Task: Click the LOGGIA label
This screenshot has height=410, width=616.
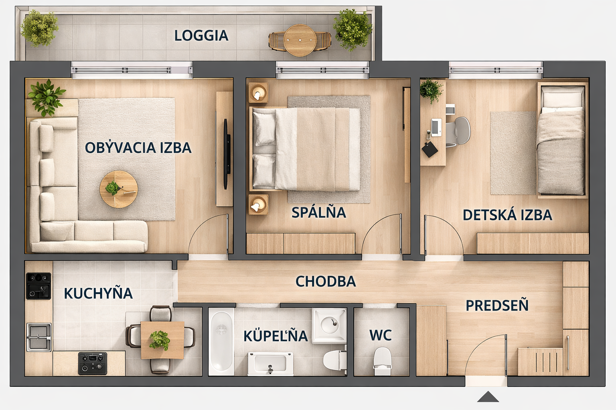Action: coord(201,36)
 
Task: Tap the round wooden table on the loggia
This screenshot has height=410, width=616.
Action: coord(300,40)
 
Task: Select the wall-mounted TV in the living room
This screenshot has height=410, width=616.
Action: coord(227,154)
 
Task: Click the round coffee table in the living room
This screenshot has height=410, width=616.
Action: coord(119,189)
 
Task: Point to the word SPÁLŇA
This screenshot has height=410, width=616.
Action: coord(319,213)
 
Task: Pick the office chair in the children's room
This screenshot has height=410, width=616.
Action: coord(458,131)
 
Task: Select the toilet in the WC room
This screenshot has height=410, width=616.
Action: coord(382,361)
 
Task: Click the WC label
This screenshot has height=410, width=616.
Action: coord(381,335)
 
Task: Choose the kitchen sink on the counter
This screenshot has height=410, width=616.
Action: coord(39,337)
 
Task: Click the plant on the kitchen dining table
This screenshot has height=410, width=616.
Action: coord(160,340)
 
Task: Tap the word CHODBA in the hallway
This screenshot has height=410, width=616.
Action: coord(326,281)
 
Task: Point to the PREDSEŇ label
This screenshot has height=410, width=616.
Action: coord(497,305)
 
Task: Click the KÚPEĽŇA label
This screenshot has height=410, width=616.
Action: coord(276,335)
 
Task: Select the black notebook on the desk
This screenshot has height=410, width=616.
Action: coord(430,149)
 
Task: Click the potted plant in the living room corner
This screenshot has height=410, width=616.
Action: coord(46,98)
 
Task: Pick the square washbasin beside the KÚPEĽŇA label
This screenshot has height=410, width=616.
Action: coord(329,326)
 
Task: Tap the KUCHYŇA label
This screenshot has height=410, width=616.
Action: coord(98,293)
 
